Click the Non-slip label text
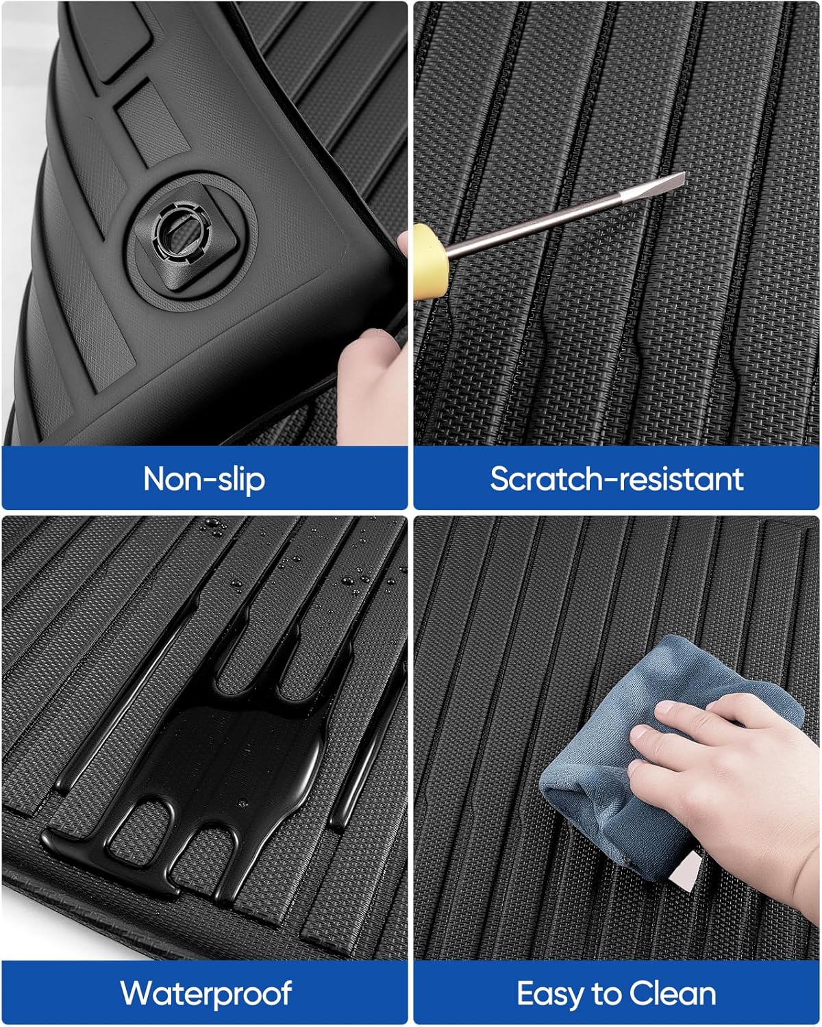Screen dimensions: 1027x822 204,479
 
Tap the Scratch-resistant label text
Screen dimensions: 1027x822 616,479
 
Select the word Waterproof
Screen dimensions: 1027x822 206,993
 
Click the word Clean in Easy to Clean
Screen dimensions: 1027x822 673,993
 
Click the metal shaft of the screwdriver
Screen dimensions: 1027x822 548,219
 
